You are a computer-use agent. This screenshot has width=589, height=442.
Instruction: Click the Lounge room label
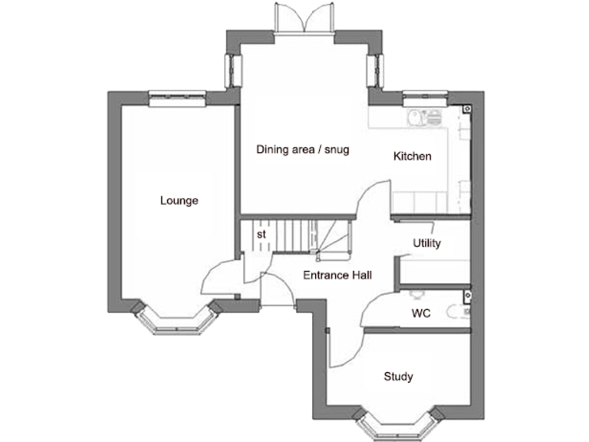coord(179,201)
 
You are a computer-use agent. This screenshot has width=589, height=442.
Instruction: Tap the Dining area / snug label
coord(302,150)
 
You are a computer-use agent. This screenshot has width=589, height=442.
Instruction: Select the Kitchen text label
coord(412,157)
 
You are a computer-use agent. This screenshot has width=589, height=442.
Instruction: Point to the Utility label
coord(426,243)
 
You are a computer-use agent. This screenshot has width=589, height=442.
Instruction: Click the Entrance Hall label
coord(337,275)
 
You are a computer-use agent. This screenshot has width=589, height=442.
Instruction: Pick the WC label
coord(420,313)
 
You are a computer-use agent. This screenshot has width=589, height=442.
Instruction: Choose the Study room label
coord(398,377)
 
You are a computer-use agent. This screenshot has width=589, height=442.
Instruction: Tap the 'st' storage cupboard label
coord(261,234)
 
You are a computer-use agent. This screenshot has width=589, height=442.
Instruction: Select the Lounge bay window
coord(177,321)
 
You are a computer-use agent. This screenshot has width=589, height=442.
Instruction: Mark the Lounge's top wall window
coord(176,97)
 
